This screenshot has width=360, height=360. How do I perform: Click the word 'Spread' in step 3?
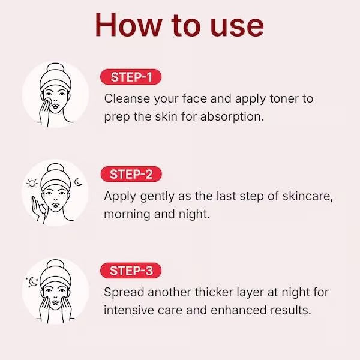coord(123,292)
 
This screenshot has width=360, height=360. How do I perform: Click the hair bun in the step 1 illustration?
coord(55,68)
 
